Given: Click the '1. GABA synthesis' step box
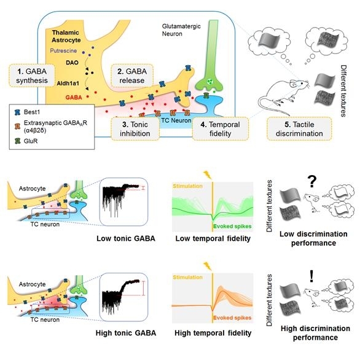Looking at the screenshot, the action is pos(32,76).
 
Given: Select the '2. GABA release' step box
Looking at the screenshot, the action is pos(132,76).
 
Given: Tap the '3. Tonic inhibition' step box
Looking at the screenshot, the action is pos(135,128).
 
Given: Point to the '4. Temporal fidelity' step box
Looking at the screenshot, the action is pos(220,128).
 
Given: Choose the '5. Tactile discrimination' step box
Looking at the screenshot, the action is pos(299,128).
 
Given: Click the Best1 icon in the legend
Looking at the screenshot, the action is pos(17,112).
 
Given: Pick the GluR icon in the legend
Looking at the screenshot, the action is pos(17,141).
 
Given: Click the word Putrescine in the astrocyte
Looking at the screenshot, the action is pos(63,51).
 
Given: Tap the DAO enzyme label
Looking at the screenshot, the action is pos(72,63).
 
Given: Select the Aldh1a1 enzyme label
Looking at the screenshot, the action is pos(68,84).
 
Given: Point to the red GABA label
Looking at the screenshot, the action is pos(74,97).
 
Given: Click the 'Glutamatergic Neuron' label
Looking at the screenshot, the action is pos(181,30).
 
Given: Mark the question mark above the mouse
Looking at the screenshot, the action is pos(311,182).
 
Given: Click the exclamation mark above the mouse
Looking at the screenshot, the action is pos(311,276).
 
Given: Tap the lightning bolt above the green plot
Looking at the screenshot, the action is pos(208,175).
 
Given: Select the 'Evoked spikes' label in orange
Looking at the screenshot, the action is pos(232,318).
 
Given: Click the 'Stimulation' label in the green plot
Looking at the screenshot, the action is pos(187,186).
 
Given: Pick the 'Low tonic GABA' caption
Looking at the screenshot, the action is pos(126,238).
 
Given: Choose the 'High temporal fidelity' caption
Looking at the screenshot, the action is pos(213,333).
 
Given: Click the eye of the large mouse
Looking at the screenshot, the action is pos(301,84).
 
